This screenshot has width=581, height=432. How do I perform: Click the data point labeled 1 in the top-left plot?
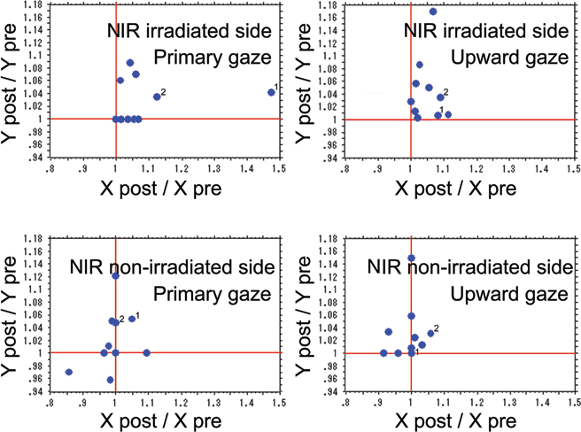[271, 92]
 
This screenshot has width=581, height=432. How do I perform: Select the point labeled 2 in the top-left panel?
[157, 96]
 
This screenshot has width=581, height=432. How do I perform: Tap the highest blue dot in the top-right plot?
[433, 12]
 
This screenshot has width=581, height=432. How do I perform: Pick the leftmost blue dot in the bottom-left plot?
[69, 372]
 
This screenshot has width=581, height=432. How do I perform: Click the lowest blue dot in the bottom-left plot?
[110, 380]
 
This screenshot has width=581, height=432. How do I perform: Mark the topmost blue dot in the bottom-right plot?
[411, 258]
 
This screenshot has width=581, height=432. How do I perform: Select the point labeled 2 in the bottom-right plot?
[430, 334]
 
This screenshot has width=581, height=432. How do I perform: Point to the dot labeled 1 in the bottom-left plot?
[132, 319]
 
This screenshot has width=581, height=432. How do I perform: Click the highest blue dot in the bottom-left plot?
[115, 276]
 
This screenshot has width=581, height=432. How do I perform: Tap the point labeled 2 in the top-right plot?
[440, 97]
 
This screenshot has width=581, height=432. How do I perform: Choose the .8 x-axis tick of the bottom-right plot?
[345, 403]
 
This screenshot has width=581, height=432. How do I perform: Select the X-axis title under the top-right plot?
[460, 189]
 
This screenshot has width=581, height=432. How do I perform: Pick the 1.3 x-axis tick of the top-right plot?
[508, 168]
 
